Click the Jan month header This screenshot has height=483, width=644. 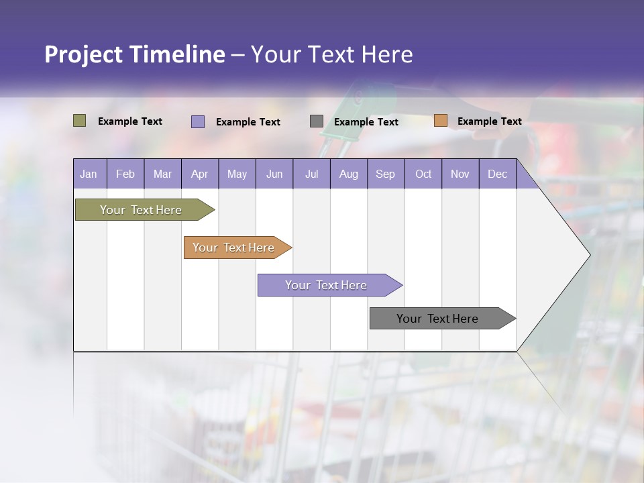89,174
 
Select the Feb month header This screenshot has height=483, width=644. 125,174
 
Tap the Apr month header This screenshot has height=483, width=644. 199,174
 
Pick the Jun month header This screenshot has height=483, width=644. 274,174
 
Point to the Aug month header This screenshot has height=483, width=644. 348,174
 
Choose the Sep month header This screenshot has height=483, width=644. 385,174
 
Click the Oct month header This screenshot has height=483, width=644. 423,174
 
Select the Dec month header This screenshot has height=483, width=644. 497,174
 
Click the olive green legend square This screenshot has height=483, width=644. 79,121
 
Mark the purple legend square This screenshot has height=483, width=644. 198,121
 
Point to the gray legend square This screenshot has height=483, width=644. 317,121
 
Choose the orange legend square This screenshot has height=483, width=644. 441,121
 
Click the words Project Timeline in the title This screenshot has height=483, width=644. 135,54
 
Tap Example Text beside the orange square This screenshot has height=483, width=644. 489,121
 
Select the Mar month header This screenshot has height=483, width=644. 162,174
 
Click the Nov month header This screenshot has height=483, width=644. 460,174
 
